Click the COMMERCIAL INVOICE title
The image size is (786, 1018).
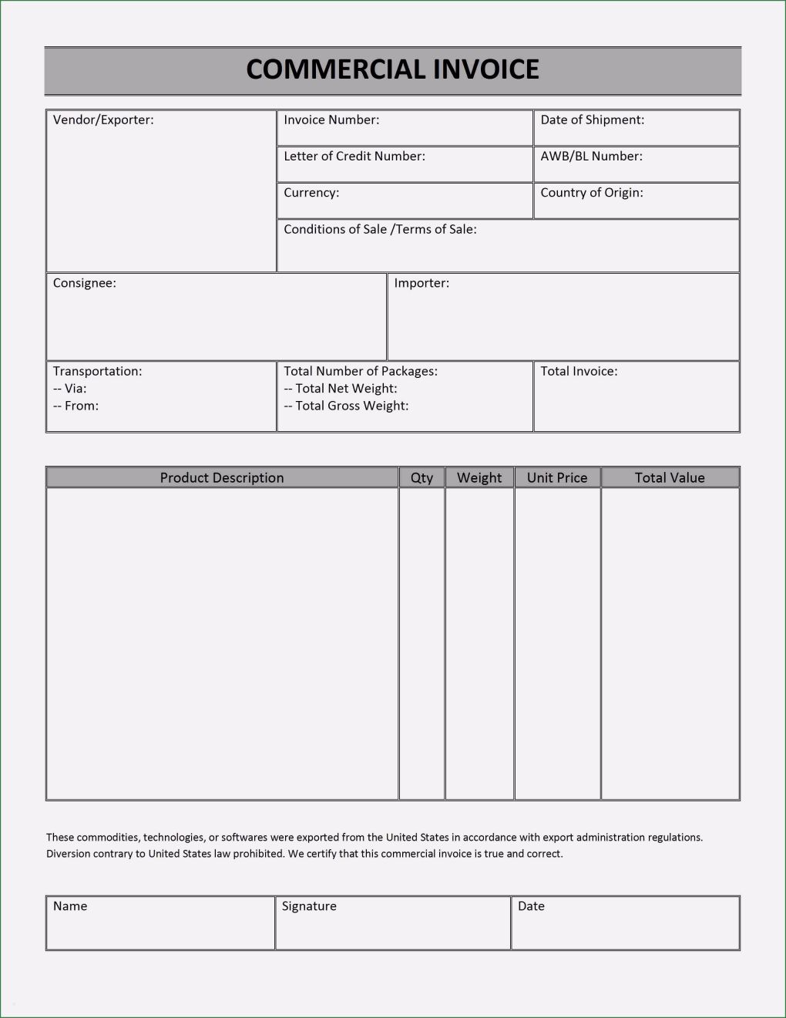pyautogui.click(x=392, y=69)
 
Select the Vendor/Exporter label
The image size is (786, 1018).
pyautogui.click(x=103, y=120)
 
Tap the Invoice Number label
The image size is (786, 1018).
pyautogui.click(x=331, y=120)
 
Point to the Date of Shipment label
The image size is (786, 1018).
pyautogui.click(x=592, y=120)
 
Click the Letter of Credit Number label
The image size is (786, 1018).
pyautogui.click(x=354, y=156)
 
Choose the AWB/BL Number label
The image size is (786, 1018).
pyautogui.click(x=591, y=156)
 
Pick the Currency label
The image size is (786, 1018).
pyautogui.click(x=311, y=192)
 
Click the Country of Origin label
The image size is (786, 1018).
pyautogui.click(x=592, y=192)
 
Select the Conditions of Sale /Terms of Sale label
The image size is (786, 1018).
pyautogui.click(x=380, y=229)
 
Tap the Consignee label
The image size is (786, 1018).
pyautogui.click(x=85, y=283)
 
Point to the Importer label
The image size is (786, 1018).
pyautogui.click(x=422, y=283)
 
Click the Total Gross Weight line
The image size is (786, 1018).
pyautogui.click(x=346, y=406)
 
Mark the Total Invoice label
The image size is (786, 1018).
pyautogui.click(x=579, y=371)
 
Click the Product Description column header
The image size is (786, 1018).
pyautogui.click(x=222, y=477)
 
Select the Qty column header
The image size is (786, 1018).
pyautogui.click(x=422, y=477)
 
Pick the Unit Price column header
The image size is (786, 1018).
pyautogui.click(x=557, y=477)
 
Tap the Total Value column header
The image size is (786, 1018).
pyautogui.click(x=670, y=477)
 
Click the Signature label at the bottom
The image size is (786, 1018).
pyautogui.click(x=309, y=906)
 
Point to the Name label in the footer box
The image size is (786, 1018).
pyautogui.click(x=70, y=906)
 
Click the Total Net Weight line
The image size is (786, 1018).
pyautogui.click(x=341, y=389)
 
